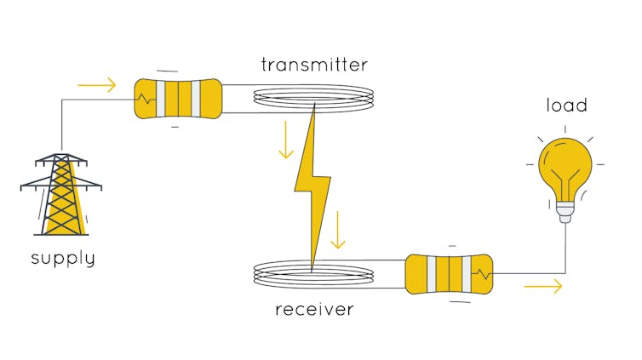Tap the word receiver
313,309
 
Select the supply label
63,257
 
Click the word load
566,106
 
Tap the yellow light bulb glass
564,166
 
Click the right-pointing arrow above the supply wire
96,85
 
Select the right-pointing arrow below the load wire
543,286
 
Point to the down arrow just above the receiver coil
338,231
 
